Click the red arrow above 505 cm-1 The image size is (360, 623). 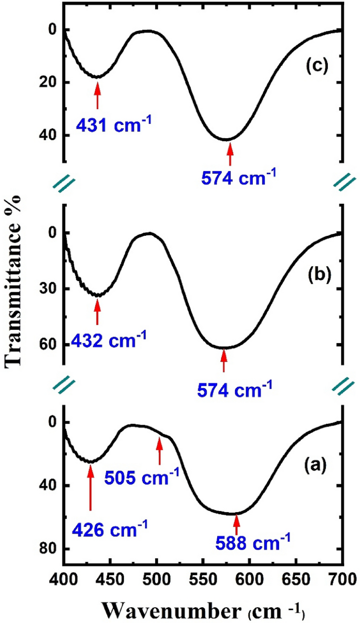tap(160, 451)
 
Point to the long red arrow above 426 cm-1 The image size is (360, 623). tap(90, 486)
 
